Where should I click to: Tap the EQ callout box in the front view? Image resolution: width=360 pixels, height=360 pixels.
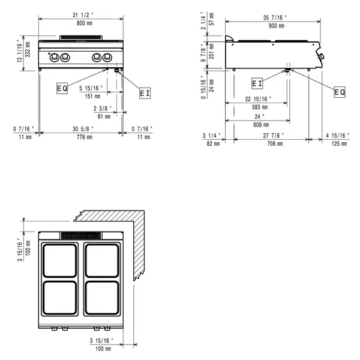pyautogui.click(x=62, y=88)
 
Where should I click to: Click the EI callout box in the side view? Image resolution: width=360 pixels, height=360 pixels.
pyautogui.click(x=257, y=83)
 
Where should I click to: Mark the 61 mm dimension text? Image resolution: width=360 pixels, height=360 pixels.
pyautogui.click(x=104, y=116)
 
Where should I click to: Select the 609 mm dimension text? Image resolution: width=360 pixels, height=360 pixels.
pyautogui.click(x=259, y=124)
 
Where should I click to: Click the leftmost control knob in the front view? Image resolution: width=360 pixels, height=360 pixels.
pyautogui.click(x=53, y=57)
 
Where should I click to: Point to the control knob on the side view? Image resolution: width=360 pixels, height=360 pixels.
pyautogui.click(x=322, y=57)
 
